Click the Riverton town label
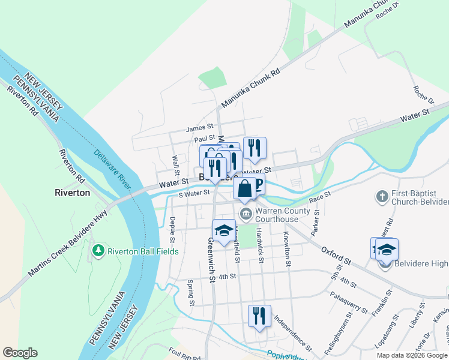tap(72, 193)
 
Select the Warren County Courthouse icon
tap(246, 214)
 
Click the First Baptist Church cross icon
tap(381, 196)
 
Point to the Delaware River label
tap(112, 168)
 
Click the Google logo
tap(20, 353)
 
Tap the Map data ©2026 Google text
tap(412, 355)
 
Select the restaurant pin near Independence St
tap(259, 316)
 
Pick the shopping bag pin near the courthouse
tap(245, 188)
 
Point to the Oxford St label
tap(336, 255)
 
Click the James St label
tap(200, 127)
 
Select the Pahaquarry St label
tap(348, 302)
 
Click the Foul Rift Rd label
tap(185, 353)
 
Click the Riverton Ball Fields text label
tap(143, 251)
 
